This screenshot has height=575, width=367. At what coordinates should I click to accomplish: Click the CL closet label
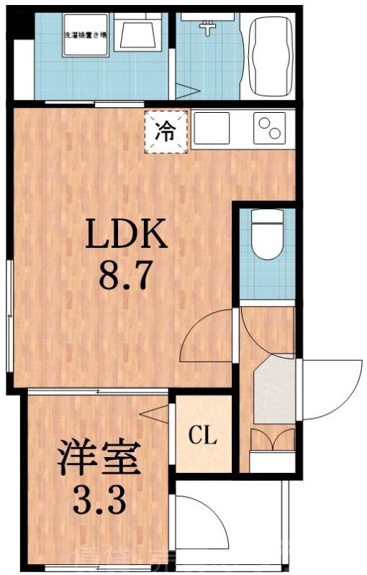pos(203,436)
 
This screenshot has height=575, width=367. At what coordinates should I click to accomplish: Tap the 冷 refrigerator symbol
pos(166,132)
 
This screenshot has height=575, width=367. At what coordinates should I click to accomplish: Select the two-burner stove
pos(272,130)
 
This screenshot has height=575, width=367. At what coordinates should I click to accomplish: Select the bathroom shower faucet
pos(209,27)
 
